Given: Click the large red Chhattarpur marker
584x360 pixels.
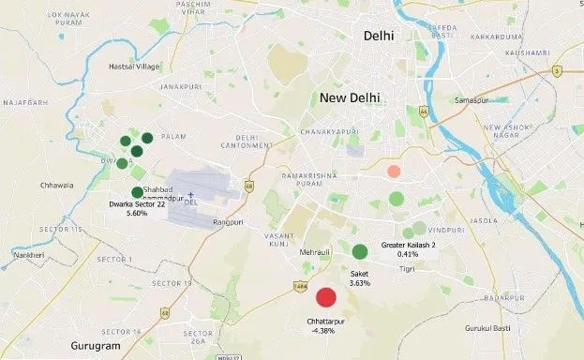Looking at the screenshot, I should click(326, 297).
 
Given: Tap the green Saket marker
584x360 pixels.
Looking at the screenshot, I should click(360, 251).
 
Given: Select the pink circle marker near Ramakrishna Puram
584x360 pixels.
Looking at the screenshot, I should click(394, 172).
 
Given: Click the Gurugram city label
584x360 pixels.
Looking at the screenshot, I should click(96, 346).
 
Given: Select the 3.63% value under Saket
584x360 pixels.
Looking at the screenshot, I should click(360, 282).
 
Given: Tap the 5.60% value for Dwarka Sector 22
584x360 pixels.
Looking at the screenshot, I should click(137, 214).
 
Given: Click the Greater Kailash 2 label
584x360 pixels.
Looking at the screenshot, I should click(409, 245).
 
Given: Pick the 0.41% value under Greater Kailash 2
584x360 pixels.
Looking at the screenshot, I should click(407, 254).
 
